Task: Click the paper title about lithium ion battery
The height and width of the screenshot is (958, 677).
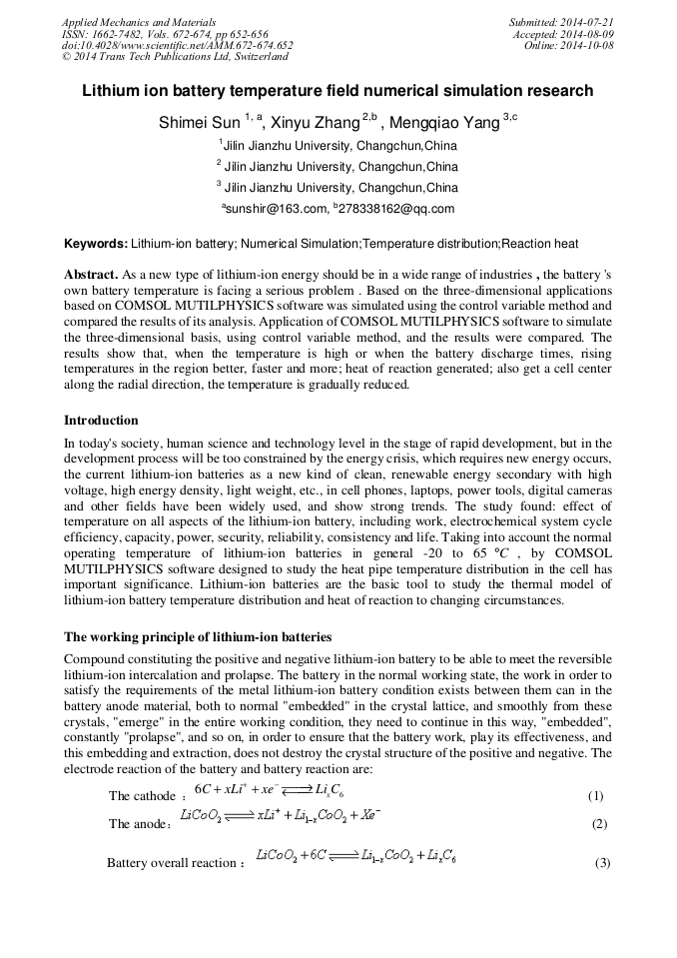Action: coord(338,91)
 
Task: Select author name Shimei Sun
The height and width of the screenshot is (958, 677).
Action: coord(199,123)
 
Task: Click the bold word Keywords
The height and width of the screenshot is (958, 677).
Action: coord(96,244)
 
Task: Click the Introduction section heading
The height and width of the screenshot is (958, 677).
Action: coord(101,421)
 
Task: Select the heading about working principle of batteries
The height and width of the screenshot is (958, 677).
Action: coord(198,636)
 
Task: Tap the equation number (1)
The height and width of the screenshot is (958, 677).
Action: coord(596,796)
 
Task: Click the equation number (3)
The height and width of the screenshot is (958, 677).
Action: coord(602,862)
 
